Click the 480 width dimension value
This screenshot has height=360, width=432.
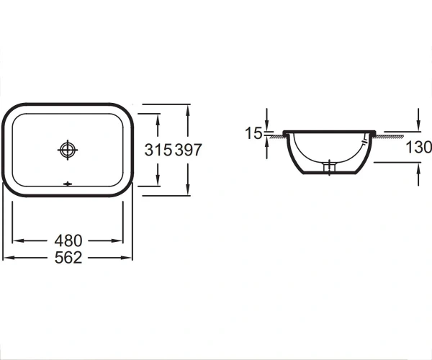point(68,240)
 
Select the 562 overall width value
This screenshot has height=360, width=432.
point(68,258)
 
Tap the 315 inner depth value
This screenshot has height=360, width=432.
point(158,150)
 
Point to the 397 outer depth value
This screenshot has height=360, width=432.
point(189,150)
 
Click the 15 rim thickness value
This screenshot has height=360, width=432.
point(253,133)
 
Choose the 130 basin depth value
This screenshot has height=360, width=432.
point(419,147)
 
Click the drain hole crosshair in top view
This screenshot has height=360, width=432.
point(68,150)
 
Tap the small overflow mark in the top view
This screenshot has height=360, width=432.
point(68,184)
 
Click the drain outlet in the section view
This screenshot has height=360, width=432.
point(329,168)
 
